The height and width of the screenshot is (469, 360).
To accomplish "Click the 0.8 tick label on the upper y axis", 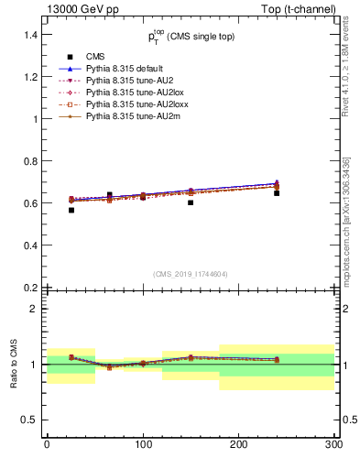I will coord(30,161).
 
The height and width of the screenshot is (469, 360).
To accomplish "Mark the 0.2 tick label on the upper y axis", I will coord(30,288).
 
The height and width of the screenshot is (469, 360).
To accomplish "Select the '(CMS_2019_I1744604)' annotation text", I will coord(190,274).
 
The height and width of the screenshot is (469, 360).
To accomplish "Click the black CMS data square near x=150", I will coord(191,202).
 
